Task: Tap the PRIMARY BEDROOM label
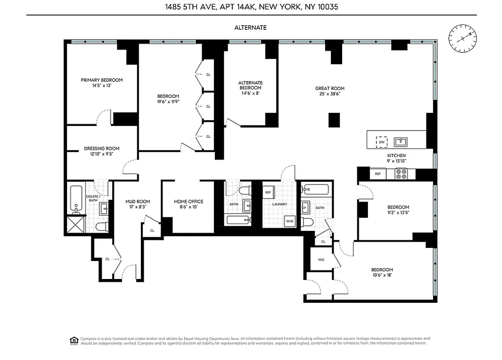point(102,80)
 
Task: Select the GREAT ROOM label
point(330,89)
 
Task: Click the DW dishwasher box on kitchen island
point(382,142)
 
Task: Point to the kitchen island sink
point(401,142)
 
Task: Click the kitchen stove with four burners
point(401,174)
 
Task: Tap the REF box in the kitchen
point(377,174)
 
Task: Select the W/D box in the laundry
point(289,221)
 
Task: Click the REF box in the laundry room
point(268,192)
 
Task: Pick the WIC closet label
point(321,260)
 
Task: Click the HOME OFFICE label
point(189,202)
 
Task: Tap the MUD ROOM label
point(138,202)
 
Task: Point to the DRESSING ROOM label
point(102,148)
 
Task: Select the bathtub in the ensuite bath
point(76,199)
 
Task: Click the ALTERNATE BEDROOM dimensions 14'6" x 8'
point(250,93)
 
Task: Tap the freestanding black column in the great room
point(334,120)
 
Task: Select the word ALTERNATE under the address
point(250,27)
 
